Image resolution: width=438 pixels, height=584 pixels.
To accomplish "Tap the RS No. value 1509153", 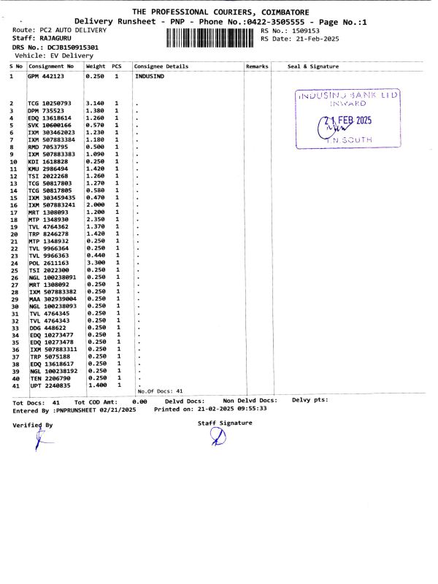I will point(307,31).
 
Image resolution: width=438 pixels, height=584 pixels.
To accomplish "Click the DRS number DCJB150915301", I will point(66,47).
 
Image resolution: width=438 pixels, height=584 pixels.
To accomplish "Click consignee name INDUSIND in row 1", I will point(150,75).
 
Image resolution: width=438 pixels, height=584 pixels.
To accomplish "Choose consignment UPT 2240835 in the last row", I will point(50,385).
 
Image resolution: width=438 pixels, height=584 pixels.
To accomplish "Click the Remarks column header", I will point(257,66).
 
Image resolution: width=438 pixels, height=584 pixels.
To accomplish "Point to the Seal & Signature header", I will point(313,66).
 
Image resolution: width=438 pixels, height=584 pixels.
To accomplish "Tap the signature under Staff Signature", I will point(218,436).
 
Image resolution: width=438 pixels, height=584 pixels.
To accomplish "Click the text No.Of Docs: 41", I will point(160,391).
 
